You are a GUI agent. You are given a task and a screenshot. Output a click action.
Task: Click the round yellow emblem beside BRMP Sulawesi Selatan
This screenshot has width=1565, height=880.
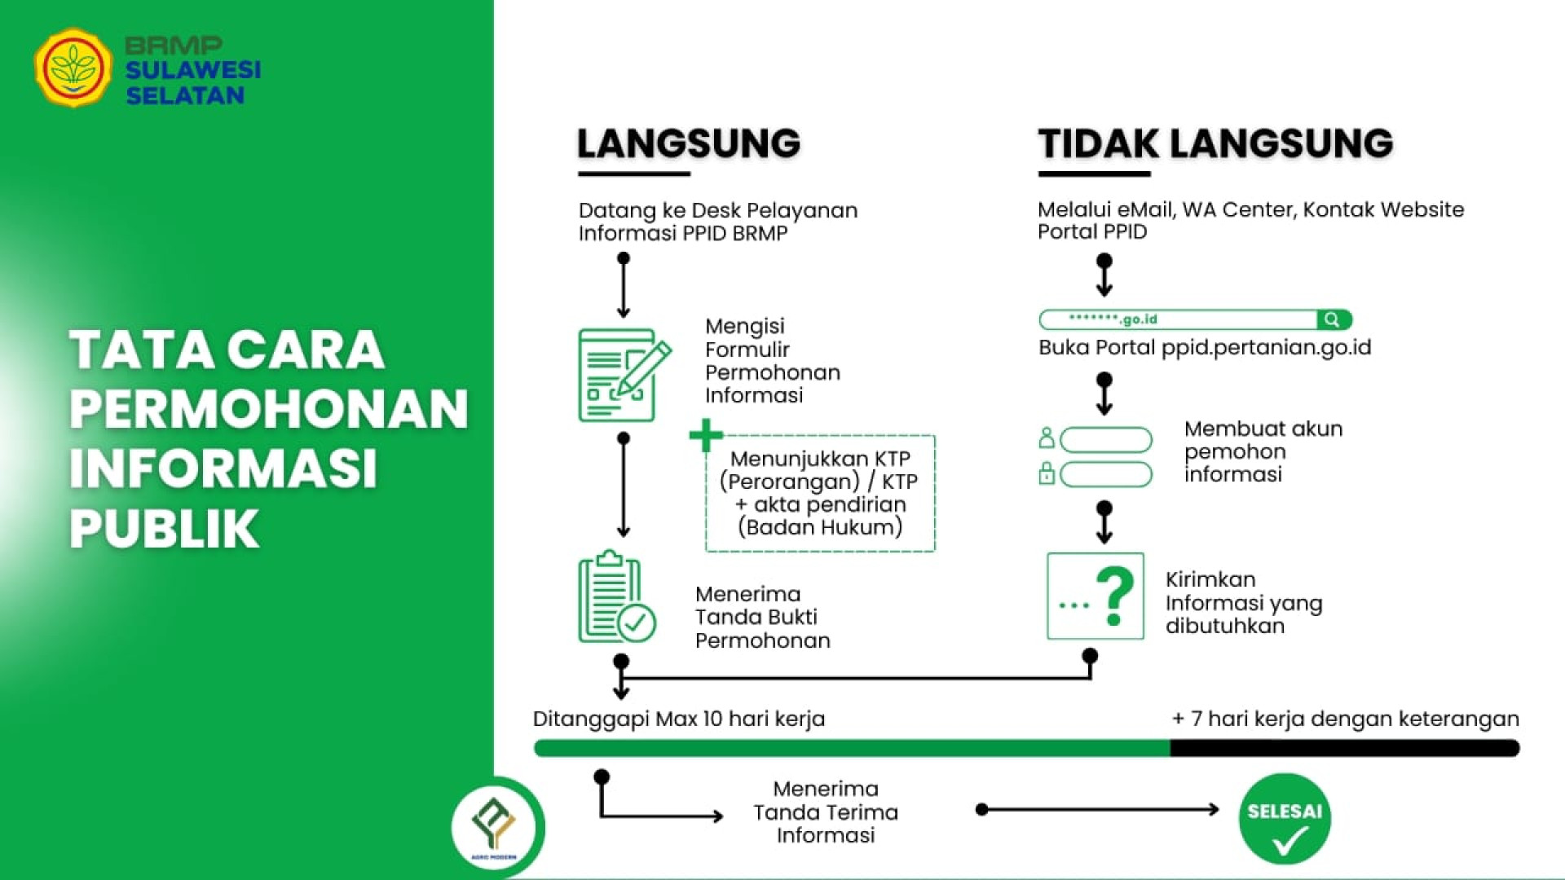(73, 68)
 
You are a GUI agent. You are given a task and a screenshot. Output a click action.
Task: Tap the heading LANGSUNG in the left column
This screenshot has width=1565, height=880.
(689, 143)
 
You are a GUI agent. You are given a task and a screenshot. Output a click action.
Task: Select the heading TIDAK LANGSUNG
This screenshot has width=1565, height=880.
(1215, 143)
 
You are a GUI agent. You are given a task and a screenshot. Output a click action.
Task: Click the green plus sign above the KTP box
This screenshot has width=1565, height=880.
(706, 435)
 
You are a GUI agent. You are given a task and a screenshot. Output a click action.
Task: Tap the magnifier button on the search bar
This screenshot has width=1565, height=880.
(1333, 319)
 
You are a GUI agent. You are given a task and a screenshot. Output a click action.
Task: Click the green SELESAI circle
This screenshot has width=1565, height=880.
(1285, 818)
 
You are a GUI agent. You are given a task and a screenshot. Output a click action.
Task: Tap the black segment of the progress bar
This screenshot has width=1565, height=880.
(1345, 748)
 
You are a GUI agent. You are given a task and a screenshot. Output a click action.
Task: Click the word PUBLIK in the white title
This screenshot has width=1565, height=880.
(165, 529)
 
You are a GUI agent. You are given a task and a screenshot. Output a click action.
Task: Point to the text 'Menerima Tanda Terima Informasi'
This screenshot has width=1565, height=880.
(826, 812)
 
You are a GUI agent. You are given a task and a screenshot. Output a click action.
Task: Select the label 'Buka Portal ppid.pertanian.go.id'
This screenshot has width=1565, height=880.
(1205, 348)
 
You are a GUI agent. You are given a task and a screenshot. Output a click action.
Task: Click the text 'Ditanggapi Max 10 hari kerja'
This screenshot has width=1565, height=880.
(679, 719)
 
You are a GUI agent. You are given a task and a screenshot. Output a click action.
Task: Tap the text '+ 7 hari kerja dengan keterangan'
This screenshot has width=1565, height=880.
(1346, 719)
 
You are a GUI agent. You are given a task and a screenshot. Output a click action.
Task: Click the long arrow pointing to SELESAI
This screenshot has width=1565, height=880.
(1100, 809)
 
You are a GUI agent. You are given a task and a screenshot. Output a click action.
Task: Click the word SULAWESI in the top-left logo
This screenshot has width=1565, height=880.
(193, 70)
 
